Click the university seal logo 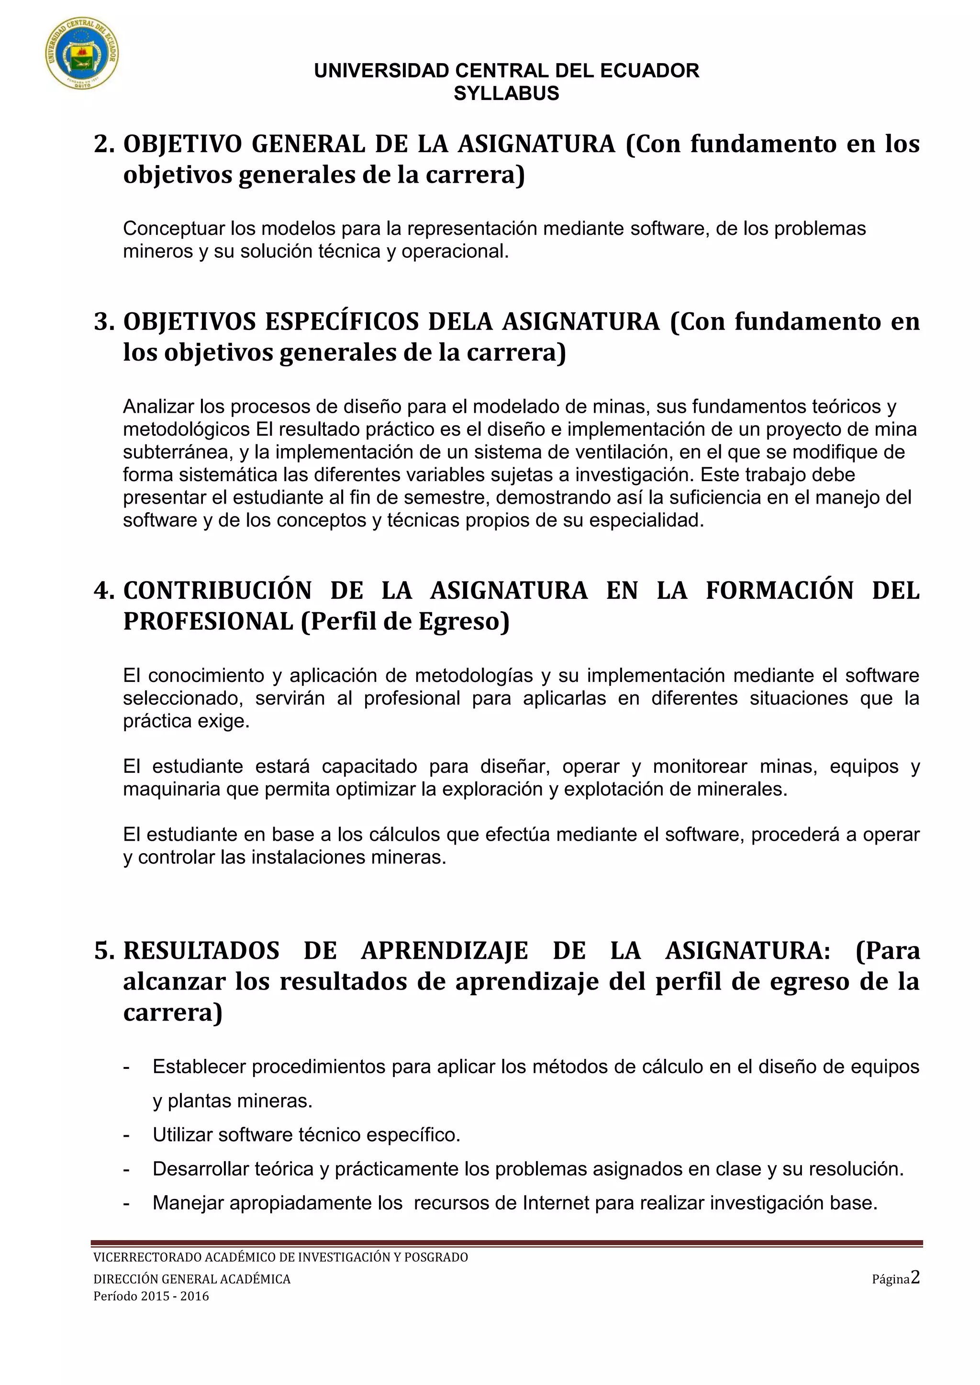[x=82, y=53]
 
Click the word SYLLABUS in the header [x=506, y=94]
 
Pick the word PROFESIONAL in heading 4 [x=208, y=621]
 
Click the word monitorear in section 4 [x=700, y=767]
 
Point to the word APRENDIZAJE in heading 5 [x=444, y=951]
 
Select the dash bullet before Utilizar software [x=126, y=1135]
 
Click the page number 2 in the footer [x=915, y=1277]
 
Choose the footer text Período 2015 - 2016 [x=151, y=1296]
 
